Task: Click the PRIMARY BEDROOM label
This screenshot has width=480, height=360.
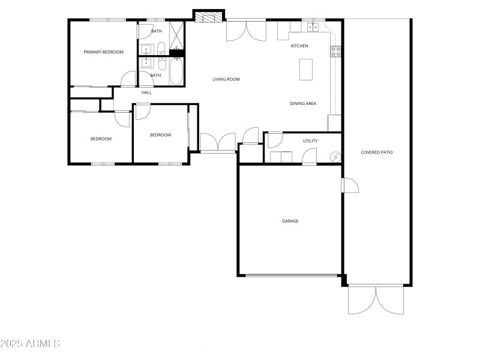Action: tap(103, 52)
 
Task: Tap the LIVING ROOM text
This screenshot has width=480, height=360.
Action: tap(226, 79)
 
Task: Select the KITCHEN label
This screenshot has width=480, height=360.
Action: tap(299, 46)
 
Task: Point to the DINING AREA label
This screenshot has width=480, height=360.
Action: tap(303, 104)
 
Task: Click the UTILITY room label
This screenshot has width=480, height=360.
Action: tap(310, 141)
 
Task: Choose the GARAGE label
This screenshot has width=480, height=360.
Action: tap(290, 221)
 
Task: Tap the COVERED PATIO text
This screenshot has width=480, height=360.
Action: tap(377, 152)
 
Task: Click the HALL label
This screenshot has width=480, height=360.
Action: tap(146, 93)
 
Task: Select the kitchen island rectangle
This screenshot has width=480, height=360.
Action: tap(306, 69)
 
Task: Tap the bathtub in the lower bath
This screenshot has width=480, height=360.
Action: tap(176, 71)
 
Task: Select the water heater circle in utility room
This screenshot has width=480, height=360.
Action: tap(336, 157)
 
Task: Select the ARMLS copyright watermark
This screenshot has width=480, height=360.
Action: tap(30, 344)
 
